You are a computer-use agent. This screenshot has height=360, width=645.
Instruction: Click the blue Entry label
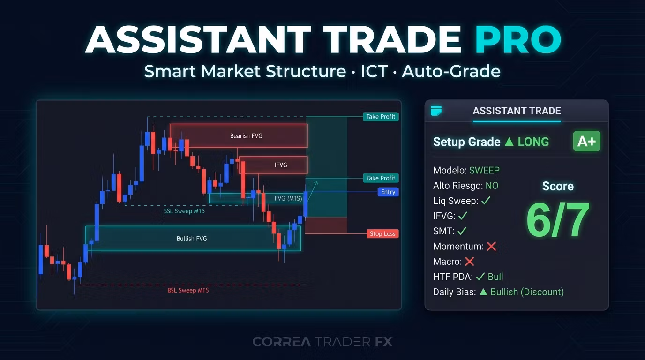pos(388,192)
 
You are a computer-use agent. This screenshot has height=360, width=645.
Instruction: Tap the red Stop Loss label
pos(382,233)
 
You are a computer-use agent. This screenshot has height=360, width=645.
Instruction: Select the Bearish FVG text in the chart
pos(246,136)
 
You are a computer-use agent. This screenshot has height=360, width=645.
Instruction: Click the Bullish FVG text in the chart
pos(192,239)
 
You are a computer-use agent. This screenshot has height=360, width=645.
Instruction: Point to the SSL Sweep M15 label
pos(184,211)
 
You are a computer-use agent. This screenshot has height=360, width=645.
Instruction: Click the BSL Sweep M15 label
pos(188,290)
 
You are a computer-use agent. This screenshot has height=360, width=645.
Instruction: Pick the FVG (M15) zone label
pos(288,198)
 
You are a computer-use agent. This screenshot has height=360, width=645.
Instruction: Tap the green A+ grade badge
pos(586,142)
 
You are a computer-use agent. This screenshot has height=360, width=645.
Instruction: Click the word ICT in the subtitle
pos(374,71)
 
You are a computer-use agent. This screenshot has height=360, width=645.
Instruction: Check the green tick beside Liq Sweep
pos(486,201)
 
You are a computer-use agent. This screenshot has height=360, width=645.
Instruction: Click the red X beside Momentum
pos(491,246)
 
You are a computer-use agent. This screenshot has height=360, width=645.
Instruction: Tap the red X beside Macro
pos(469,262)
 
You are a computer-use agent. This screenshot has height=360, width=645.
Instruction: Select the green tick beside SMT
pos(462,231)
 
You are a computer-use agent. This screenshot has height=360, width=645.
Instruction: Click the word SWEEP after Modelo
pos(484,170)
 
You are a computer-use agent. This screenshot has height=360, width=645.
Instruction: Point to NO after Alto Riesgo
pos(492,186)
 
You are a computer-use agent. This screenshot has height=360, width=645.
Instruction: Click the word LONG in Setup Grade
pos(533,142)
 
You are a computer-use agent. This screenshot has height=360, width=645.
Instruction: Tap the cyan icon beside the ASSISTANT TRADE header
pos(436,111)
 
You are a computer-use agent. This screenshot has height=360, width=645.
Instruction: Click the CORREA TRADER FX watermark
pos(322,342)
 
